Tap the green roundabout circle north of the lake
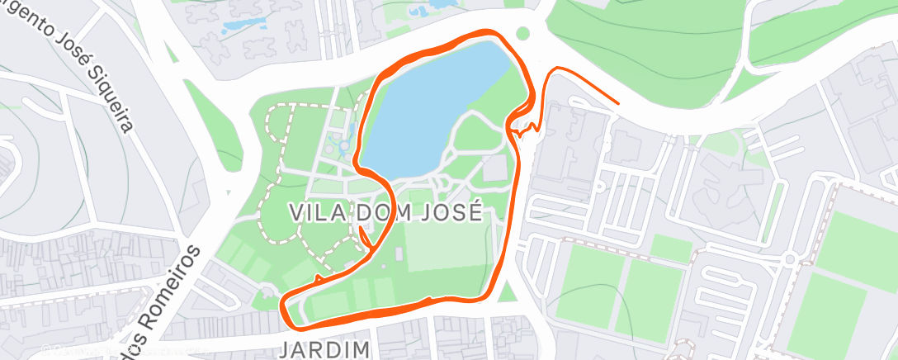(x=521, y=34)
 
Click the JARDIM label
(x=324, y=349)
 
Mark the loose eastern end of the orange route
(x=617, y=104)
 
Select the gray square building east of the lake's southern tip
(x=494, y=169)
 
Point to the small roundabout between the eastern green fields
(x=790, y=259)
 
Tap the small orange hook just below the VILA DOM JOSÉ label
(x=363, y=237)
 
